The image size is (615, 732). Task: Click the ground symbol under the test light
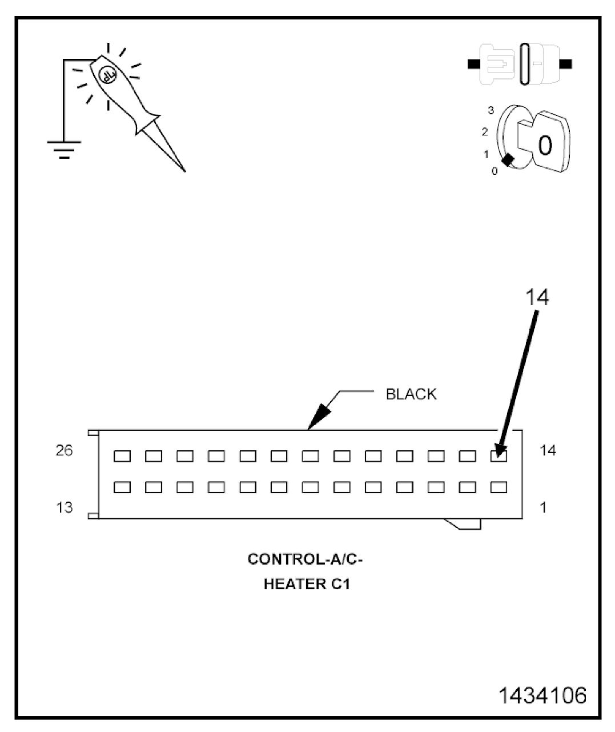tap(64, 148)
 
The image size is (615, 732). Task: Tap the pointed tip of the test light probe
tap(184, 170)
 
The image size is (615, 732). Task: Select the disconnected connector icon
tap(520, 64)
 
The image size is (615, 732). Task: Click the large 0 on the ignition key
tap(545, 145)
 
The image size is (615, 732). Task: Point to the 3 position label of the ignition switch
tap(491, 110)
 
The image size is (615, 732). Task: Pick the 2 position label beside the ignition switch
tap(485, 132)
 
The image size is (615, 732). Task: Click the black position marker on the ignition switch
tap(508, 160)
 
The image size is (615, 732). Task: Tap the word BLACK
tap(411, 394)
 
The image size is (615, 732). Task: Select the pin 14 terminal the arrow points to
tap(499, 456)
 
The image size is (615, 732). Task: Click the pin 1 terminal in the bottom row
tap(499, 487)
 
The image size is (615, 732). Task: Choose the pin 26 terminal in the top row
tap(122, 456)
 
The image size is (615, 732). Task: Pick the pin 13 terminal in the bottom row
tap(122, 487)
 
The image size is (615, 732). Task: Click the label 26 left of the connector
tap(65, 451)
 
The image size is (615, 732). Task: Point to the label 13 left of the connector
tap(65, 507)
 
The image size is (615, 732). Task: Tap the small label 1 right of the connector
tap(543, 507)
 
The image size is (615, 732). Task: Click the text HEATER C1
tap(306, 585)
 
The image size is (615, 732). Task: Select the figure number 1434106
tap(542, 695)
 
